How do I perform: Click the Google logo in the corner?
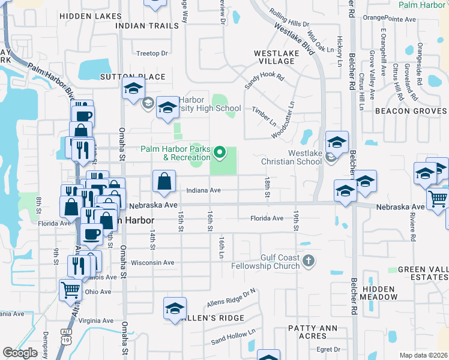20,353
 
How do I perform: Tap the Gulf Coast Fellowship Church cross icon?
309,260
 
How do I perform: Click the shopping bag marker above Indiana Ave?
164,181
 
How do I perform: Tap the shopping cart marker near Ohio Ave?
71,290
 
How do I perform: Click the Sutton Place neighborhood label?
133,77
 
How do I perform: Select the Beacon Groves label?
411,111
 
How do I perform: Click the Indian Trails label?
146,26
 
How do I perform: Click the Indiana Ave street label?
204,190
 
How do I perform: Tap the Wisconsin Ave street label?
152,262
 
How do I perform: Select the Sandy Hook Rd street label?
264,81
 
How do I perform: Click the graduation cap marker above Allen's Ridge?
175,308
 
